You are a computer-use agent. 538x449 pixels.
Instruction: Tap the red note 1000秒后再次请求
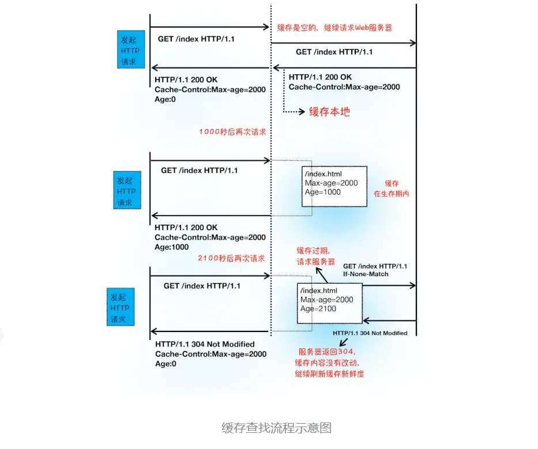tap(232, 131)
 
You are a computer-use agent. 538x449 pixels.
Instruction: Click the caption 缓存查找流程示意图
tap(276, 428)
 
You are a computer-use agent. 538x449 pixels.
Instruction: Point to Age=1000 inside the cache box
tap(323, 193)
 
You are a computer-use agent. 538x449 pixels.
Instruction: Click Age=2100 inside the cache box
tap(318, 309)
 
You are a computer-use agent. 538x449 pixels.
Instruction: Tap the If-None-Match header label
tap(366, 274)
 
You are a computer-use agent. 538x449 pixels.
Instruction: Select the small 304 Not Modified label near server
tap(370, 333)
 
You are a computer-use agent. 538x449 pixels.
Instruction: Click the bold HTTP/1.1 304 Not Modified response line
tap(205, 344)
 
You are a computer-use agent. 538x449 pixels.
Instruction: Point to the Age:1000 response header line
tap(172, 247)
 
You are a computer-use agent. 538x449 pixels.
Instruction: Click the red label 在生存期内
tap(392, 194)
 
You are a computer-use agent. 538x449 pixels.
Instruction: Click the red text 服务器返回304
tap(328, 352)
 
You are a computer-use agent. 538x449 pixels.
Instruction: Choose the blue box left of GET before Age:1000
tap(125, 191)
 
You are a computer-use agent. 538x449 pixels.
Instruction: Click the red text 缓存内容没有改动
tap(330, 363)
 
